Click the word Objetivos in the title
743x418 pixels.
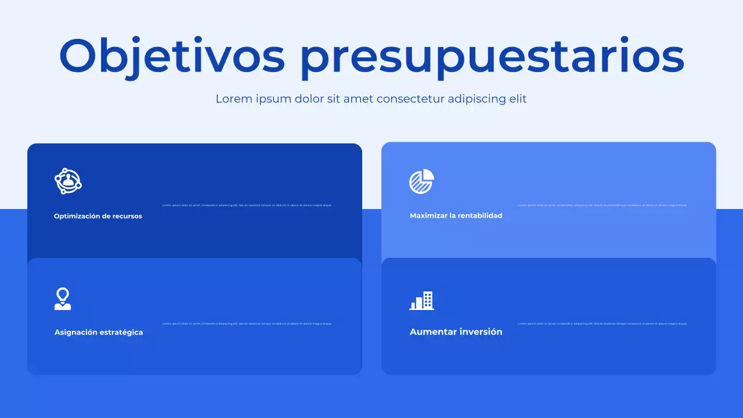172,56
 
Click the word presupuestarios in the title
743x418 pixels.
492,56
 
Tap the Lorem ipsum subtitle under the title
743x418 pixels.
371,99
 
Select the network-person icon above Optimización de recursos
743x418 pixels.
68,181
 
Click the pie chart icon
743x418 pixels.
421,182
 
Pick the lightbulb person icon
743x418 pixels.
63,299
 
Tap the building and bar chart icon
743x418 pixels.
422,300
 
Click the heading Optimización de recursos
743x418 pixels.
98,216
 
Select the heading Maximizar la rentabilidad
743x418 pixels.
456,215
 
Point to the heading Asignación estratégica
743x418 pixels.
99,332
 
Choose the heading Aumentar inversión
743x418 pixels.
456,332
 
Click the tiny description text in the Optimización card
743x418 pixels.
247,206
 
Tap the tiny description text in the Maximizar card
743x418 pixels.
602,206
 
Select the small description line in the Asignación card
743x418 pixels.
247,323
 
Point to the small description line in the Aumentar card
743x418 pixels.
602,323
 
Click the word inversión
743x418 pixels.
481,332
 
